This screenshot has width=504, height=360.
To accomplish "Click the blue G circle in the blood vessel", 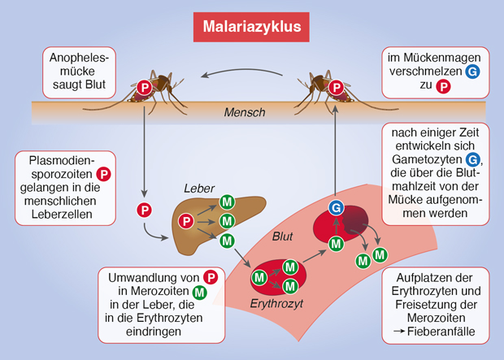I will click(335, 209).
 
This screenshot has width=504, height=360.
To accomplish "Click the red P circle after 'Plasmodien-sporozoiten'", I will click(103, 173).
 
